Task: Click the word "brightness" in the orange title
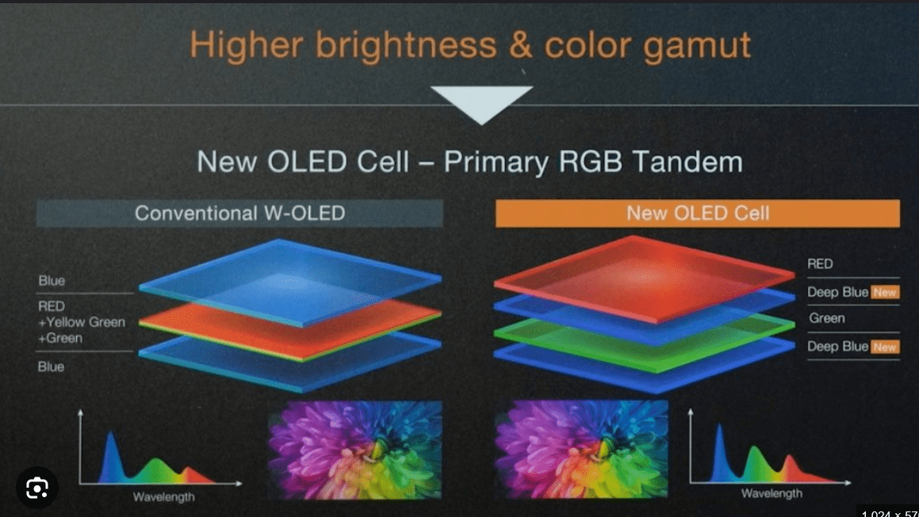tap(405, 44)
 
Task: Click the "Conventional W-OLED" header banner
tap(239, 213)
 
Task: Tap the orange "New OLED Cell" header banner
tap(698, 213)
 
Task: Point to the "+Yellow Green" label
tap(82, 322)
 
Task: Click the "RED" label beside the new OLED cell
tap(820, 264)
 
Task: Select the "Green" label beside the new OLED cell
tap(826, 318)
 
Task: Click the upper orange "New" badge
tap(885, 292)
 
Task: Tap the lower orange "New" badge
tap(885, 347)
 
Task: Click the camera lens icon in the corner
tap(37, 488)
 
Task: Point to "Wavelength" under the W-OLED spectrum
tap(163, 497)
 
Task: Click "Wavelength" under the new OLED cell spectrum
tap(772, 493)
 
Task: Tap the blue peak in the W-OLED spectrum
tap(110, 458)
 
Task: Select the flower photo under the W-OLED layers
tap(355, 450)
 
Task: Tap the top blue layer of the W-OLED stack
tap(290, 282)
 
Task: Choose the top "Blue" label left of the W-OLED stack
tap(52, 281)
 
